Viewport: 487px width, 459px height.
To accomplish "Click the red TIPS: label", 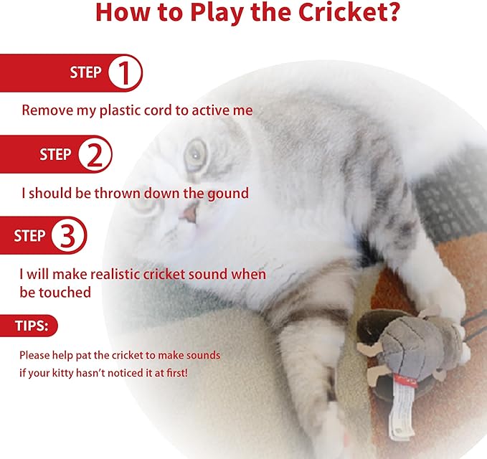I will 32,326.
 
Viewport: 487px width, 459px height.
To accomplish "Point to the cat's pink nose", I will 188,211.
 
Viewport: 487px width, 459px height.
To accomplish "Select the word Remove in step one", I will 44,110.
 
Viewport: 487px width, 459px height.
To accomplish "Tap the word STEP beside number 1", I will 85,72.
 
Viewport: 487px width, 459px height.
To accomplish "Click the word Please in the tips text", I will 34,355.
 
